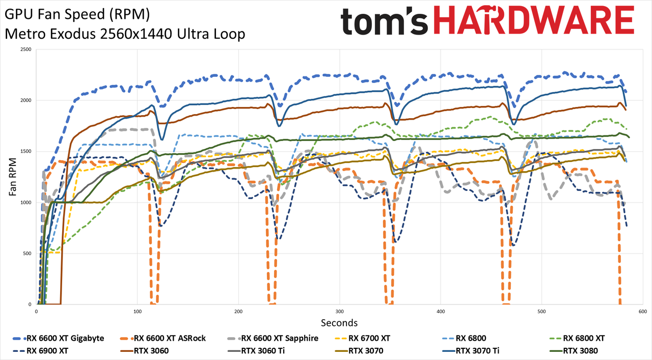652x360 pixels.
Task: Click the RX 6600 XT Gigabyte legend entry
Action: pyautogui.click(x=59, y=339)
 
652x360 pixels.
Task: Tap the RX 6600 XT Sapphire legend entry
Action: pyautogui.click(x=273, y=339)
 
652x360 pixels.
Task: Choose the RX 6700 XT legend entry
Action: pyautogui.click(x=362, y=339)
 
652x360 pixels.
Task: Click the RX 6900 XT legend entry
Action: pyautogui.click(x=40, y=351)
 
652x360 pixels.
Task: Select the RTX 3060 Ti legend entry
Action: pyautogui.click(x=256, y=351)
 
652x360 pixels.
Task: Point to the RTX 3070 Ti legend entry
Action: pyautogui.click(x=470, y=351)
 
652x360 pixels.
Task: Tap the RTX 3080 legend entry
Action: pyautogui.click(x=573, y=351)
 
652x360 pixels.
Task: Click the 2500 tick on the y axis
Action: pyautogui.click(x=26, y=49)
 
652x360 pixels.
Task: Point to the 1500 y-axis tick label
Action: pyautogui.click(x=26, y=151)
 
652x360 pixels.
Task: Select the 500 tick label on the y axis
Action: pyautogui.click(x=28, y=254)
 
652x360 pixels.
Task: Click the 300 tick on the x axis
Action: pyautogui.click(x=339, y=312)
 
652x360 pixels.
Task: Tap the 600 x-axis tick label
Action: pyautogui.click(x=643, y=312)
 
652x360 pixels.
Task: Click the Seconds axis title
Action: pyautogui.click(x=339, y=323)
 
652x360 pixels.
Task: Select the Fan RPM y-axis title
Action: pyautogui.click(x=13, y=177)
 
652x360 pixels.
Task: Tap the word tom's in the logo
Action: pyautogui.click(x=384, y=21)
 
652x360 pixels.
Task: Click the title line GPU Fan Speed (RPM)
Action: pyautogui.click(x=77, y=15)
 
